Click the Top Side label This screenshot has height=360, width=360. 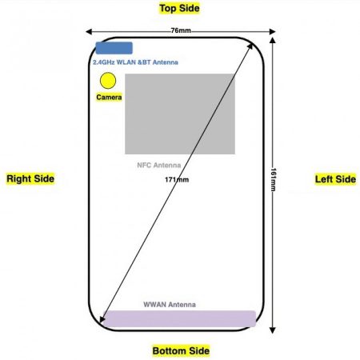[179, 8]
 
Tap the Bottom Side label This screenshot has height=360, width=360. [181, 350]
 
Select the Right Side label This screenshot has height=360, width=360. [30, 178]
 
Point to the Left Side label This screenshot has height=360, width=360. [335, 179]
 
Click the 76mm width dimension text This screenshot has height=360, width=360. [181, 30]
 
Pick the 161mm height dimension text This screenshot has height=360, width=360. [273, 180]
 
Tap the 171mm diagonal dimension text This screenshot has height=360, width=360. [177, 180]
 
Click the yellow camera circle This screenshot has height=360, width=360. [108, 81]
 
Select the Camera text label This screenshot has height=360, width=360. [109, 97]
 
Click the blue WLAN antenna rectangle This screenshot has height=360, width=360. [114, 48]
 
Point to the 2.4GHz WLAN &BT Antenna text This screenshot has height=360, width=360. [135, 62]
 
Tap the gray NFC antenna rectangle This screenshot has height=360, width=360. [180, 114]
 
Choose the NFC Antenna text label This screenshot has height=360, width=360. [159, 165]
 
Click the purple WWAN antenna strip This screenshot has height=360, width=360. [179, 318]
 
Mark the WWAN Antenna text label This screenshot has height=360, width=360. [170, 305]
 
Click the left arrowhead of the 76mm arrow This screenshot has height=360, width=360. [89, 32]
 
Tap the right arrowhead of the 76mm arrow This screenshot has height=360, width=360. [272, 32]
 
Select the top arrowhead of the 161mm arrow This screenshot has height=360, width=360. [272, 41]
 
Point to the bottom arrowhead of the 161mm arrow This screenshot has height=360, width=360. [272, 330]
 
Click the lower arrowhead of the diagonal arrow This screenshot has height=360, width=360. [102, 320]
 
